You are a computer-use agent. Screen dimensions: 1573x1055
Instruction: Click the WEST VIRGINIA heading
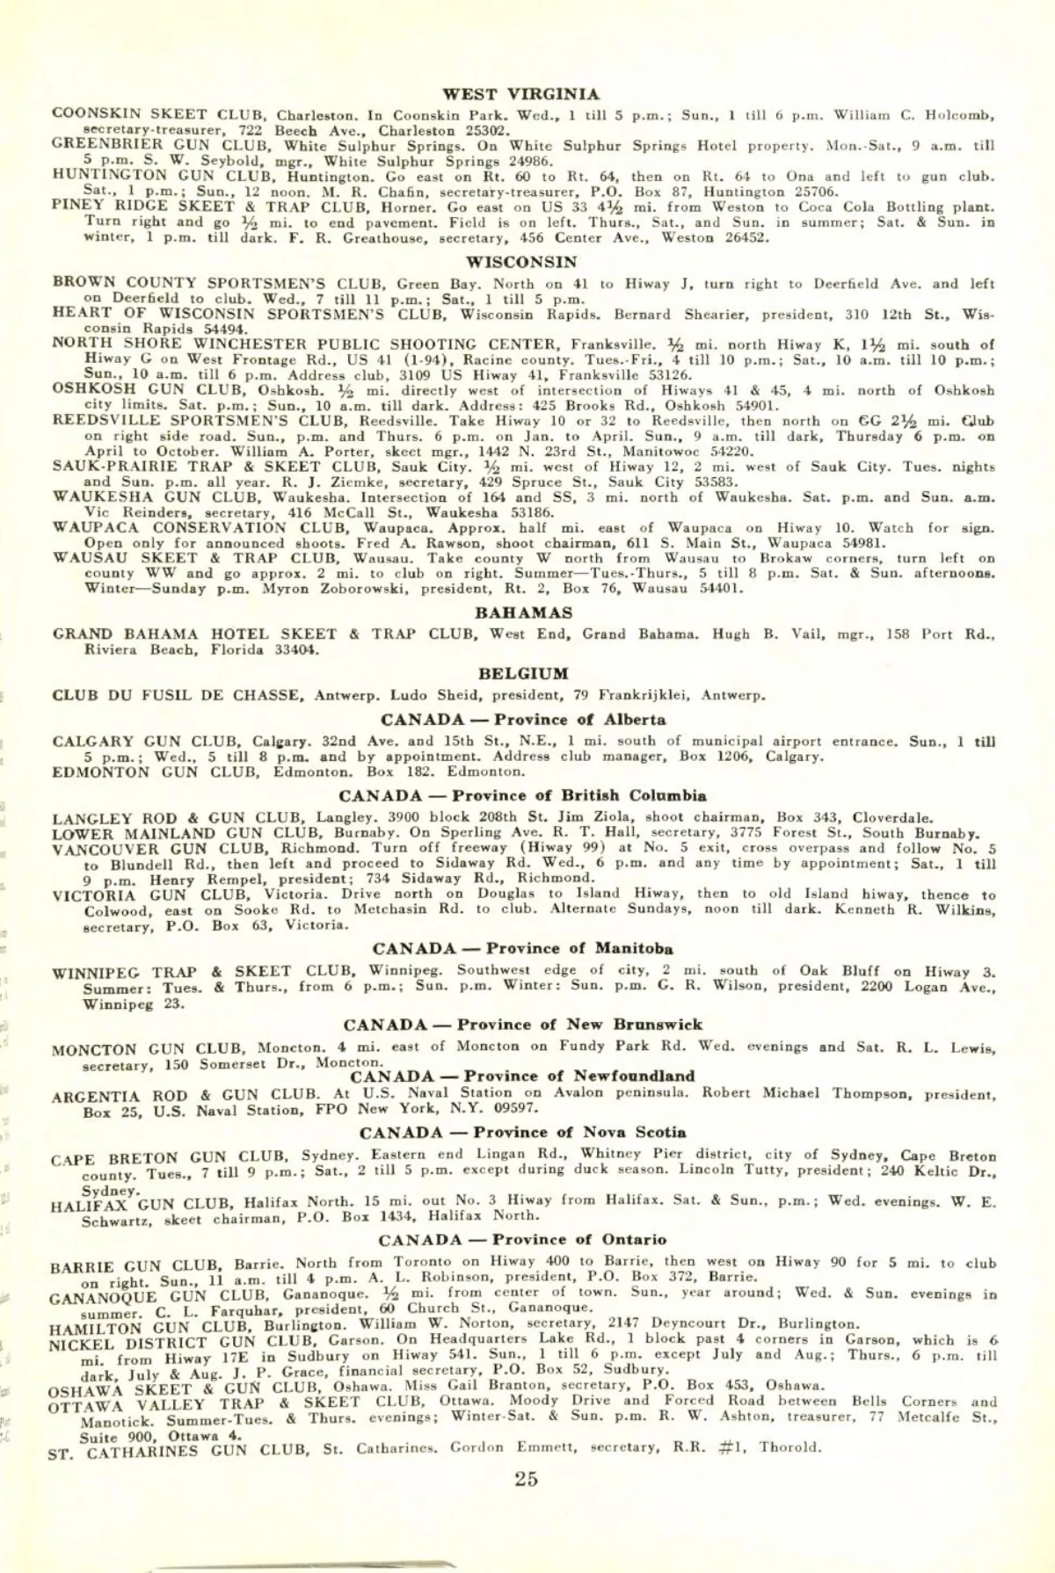click(521, 94)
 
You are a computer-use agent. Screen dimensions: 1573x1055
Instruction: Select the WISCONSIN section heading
click(521, 262)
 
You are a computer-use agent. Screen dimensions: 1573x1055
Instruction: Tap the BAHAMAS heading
click(523, 613)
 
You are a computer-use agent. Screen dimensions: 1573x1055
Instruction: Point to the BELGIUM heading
click(523, 674)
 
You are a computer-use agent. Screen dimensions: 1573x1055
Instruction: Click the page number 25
click(526, 1479)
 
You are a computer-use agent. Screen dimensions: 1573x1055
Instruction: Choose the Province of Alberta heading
click(523, 720)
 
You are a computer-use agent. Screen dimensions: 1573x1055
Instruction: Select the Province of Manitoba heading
click(523, 948)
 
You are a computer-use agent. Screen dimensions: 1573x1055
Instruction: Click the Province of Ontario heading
click(522, 1240)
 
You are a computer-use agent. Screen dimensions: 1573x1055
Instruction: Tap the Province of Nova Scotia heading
click(523, 1132)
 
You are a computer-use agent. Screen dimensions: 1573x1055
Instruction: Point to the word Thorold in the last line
click(789, 1447)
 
